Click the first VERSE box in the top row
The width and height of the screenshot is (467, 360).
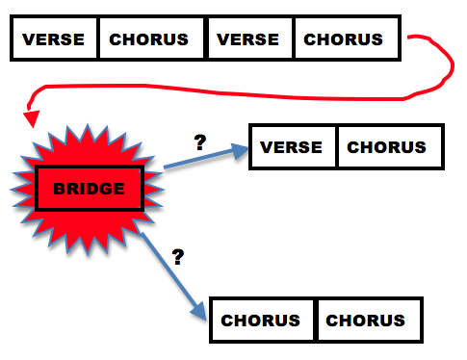pyautogui.click(x=54, y=40)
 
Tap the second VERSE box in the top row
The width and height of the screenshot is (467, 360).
pyautogui.click(x=249, y=40)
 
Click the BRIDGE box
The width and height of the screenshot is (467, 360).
pyautogui.click(x=89, y=189)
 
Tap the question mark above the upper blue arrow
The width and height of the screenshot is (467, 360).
pyautogui.click(x=200, y=141)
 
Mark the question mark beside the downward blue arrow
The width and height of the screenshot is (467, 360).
pyautogui.click(x=177, y=257)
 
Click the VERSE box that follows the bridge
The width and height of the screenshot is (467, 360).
pyautogui.click(x=293, y=147)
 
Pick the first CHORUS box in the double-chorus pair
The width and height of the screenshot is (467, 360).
pyautogui.click(x=263, y=321)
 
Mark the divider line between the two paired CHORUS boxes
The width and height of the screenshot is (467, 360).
pyautogui.click(x=315, y=321)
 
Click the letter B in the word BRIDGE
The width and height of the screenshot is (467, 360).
pyautogui.click(x=58, y=189)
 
